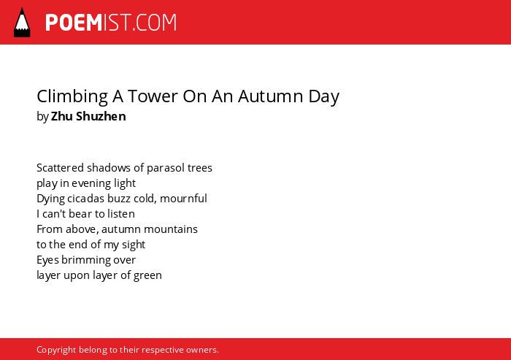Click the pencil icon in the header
22,23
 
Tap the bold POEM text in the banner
74,23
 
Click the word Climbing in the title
72,97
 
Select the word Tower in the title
153,96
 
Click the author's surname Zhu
62,116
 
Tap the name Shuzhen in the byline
101,116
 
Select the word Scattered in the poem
61,168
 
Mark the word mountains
171,229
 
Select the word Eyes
47,260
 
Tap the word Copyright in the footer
56,350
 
